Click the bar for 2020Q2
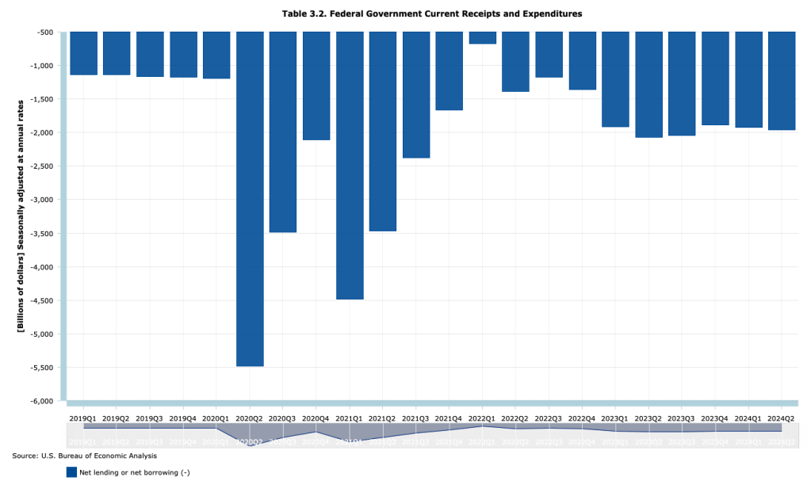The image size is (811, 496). click(250, 198)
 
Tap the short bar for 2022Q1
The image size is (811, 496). click(483, 38)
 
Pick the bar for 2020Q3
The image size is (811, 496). click(283, 132)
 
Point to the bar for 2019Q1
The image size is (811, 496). click(83, 53)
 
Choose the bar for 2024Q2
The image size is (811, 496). click(782, 80)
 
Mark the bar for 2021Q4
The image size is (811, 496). click(449, 71)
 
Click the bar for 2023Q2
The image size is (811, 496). click(648, 84)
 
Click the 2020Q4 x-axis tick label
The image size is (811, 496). click(316, 418)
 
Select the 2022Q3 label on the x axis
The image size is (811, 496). click(549, 418)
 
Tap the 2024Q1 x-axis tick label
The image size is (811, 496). click(748, 418)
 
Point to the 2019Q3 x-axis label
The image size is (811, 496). click(150, 418)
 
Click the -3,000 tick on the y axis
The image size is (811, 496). click(42, 200)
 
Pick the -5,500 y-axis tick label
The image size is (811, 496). click(42, 368)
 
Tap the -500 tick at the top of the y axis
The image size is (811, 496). click(44, 32)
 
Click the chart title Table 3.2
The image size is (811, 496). click(432, 13)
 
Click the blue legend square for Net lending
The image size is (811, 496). click(71, 472)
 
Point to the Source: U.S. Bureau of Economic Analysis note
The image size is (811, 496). click(84, 456)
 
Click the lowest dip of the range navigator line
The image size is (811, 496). click(250, 445)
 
